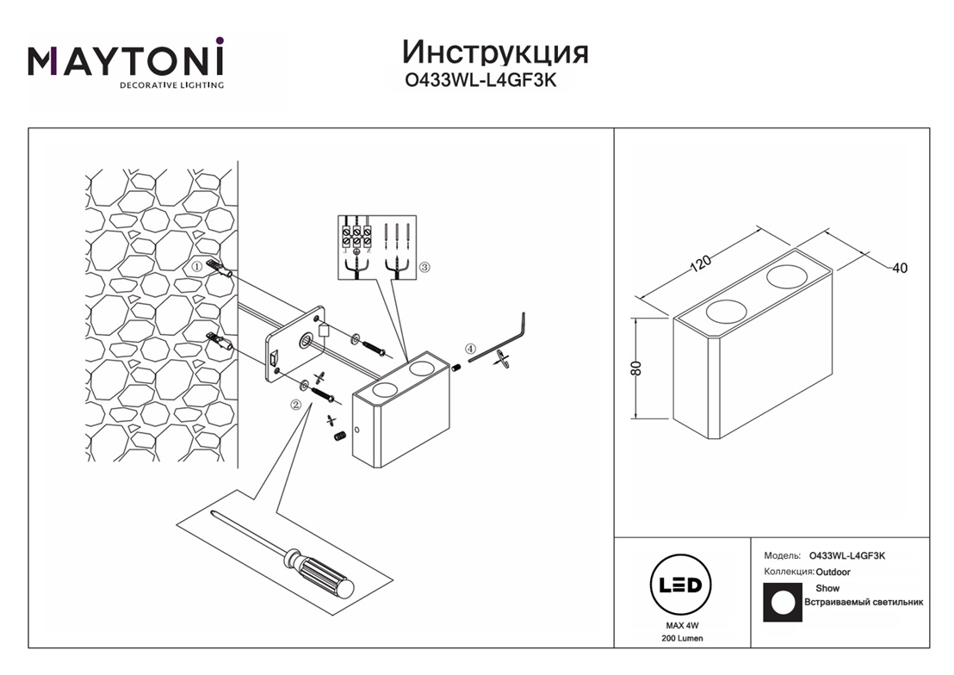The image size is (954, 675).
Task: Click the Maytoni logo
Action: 126,62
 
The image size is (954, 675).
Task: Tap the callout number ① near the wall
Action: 196,267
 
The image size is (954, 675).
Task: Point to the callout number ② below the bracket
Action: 295,405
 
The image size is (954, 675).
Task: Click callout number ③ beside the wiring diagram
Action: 424,268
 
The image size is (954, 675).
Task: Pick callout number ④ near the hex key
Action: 470,349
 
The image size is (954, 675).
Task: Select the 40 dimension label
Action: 899,269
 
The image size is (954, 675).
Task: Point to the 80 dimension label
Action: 637,368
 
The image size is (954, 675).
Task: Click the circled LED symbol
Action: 679,585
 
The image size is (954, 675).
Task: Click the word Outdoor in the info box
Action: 833,572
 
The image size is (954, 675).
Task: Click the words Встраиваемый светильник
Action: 863,603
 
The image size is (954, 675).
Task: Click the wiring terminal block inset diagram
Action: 374,246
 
